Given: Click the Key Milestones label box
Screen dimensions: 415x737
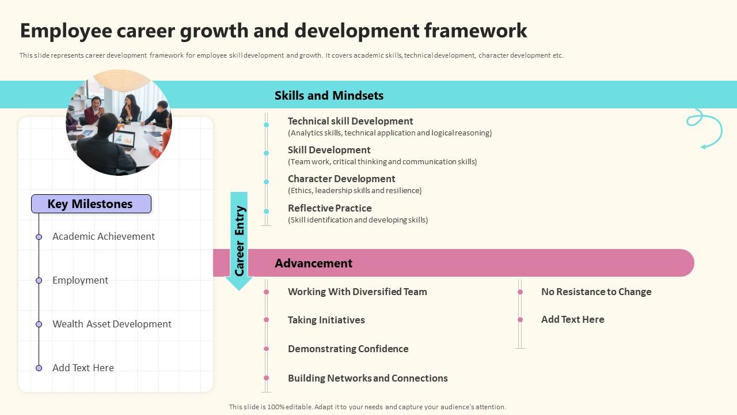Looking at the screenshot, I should pyautogui.click(x=91, y=204).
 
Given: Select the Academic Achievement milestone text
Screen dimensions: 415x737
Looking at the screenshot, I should pyautogui.click(x=104, y=236).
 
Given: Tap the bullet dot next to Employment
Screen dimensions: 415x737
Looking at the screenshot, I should pyautogui.click(x=39, y=281).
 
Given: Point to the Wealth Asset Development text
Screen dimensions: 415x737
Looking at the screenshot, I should pyautogui.click(x=112, y=324).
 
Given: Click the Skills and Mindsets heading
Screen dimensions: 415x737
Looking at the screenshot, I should pyautogui.click(x=329, y=96).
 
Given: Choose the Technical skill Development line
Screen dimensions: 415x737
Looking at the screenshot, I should pyautogui.click(x=350, y=121).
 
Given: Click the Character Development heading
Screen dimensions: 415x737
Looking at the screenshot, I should pyautogui.click(x=341, y=179).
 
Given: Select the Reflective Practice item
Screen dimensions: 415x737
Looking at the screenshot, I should pyautogui.click(x=329, y=208).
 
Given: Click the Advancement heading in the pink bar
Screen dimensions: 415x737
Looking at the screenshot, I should pyautogui.click(x=313, y=263).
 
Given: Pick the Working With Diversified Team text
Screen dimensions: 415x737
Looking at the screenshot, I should pyautogui.click(x=357, y=292).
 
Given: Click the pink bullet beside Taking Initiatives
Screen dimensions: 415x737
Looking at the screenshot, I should pyautogui.click(x=267, y=320).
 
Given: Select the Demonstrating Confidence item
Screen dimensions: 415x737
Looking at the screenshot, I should pyautogui.click(x=348, y=349).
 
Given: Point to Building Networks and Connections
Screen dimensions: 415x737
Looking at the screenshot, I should pyautogui.click(x=367, y=378).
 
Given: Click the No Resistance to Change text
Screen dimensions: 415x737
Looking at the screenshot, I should pyautogui.click(x=596, y=292).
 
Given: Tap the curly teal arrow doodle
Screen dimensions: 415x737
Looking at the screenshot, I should pyautogui.click(x=706, y=127).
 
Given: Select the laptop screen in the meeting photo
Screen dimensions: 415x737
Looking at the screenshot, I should pyautogui.click(x=124, y=138).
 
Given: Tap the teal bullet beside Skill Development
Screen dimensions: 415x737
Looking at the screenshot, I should pyautogui.click(x=267, y=153).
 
